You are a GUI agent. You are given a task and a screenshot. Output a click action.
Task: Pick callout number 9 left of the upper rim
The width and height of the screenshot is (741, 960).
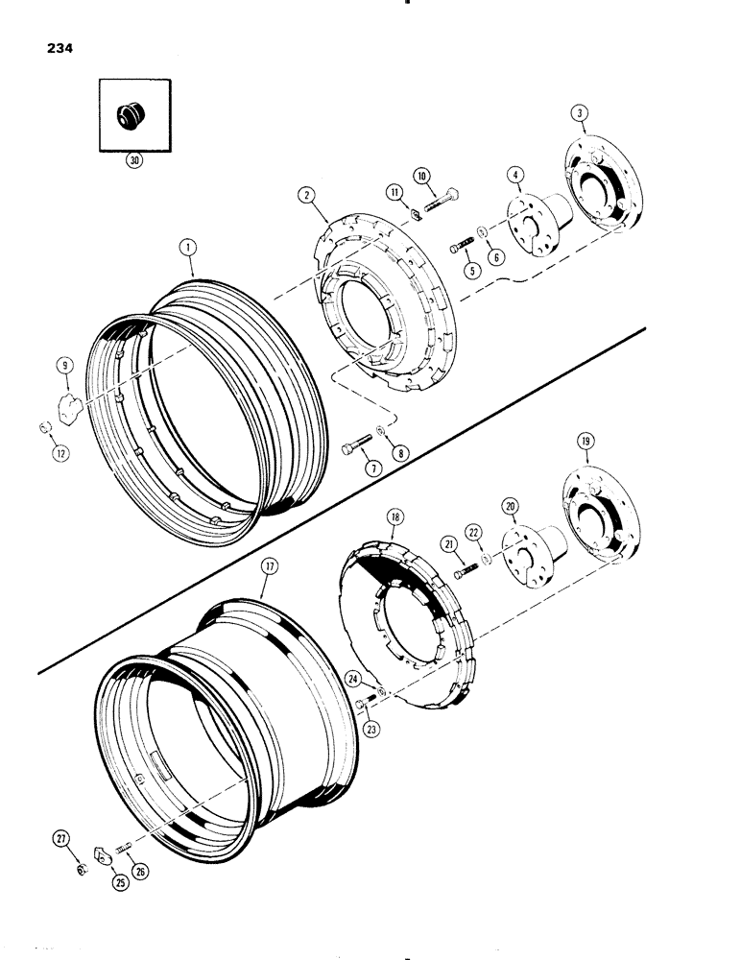tap(63, 365)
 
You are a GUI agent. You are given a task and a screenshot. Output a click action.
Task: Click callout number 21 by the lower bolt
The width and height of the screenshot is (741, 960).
tap(447, 545)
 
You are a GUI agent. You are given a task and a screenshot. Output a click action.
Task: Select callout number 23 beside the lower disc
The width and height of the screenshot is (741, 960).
tap(371, 729)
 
